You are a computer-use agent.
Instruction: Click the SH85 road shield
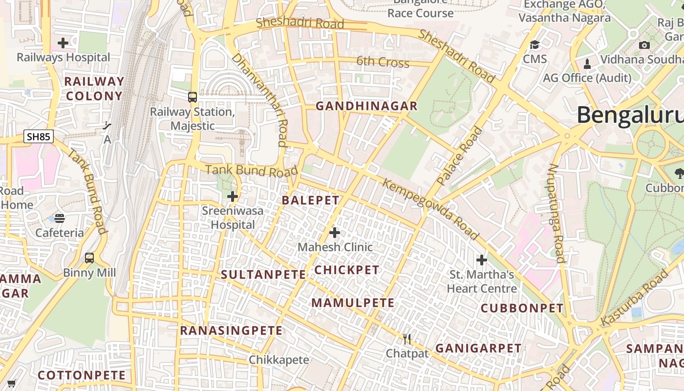coord(38,136)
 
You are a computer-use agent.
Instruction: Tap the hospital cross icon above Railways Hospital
coord(63,43)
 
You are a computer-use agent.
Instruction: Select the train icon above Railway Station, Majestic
coord(192,97)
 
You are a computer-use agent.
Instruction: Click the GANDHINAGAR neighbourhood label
coord(366,106)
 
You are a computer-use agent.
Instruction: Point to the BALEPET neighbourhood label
coord(310,200)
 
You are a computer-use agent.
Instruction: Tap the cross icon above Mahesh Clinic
coord(335,233)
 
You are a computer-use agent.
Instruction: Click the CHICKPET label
coord(347,270)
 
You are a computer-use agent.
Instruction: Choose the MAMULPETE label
coord(353,303)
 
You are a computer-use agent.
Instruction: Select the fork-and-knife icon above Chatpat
coord(407,339)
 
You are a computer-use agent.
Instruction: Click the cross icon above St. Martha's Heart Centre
coord(482,260)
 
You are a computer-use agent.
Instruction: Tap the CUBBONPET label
coord(522,308)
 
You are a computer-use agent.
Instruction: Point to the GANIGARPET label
coord(478,348)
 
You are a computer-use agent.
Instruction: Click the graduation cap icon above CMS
coord(535,45)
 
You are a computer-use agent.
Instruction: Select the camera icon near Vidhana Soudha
coord(644,45)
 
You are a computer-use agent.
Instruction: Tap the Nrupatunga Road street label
coord(556,213)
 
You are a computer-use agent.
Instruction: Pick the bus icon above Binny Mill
coord(89,258)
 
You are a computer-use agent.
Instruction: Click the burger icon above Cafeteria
coord(60,218)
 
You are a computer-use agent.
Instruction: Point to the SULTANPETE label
coord(263,275)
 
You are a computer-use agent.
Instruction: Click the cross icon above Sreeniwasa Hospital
coord(233,196)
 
